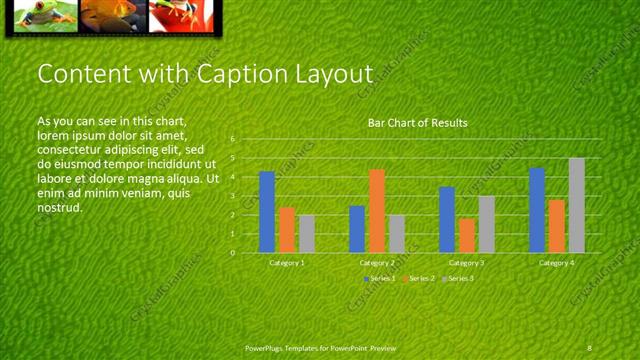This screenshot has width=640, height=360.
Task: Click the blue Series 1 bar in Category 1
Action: pos(267,212)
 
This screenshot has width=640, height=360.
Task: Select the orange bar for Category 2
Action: pos(377,211)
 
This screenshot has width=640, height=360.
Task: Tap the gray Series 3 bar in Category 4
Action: pos(577,205)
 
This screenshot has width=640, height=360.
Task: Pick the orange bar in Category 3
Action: pos(467,235)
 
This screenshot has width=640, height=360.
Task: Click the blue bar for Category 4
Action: pos(537,210)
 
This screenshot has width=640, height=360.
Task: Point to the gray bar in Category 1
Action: pos(307,233)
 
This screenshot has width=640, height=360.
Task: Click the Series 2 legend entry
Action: pos(418,277)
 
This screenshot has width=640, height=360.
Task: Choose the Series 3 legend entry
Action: pos(457,277)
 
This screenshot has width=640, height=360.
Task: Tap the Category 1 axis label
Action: pos(287,262)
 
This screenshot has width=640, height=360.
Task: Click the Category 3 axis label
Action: pos(467,262)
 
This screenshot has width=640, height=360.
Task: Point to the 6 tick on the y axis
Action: pos(232,139)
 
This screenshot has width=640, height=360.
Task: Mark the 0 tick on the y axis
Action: pos(232,252)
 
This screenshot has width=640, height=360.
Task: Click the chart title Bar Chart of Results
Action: pos(417,123)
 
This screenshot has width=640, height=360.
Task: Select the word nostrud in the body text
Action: pos(58,207)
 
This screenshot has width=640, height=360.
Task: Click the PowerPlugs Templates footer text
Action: pos(320,347)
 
